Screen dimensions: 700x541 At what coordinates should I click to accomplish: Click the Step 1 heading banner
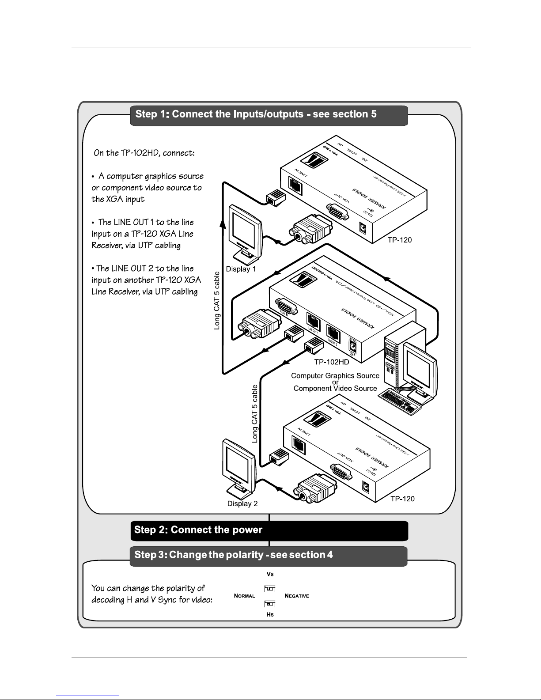point(269,115)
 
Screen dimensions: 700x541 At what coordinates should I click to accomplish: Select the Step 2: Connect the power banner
point(269,530)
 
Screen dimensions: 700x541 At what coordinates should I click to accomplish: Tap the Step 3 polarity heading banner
point(269,555)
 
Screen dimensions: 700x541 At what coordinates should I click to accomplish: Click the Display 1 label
point(241,269)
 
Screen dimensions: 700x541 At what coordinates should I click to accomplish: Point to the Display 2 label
point(242,503)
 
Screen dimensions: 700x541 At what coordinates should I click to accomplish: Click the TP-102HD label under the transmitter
point(332,362)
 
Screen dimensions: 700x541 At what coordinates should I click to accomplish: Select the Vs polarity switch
point(270,589)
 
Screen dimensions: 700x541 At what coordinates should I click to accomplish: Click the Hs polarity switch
point(270,603)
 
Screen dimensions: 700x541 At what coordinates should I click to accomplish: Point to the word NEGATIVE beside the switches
point(297,596)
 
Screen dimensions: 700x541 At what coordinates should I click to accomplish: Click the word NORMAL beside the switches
point(244,596)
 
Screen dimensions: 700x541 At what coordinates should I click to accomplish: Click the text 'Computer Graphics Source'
point(335,376)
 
